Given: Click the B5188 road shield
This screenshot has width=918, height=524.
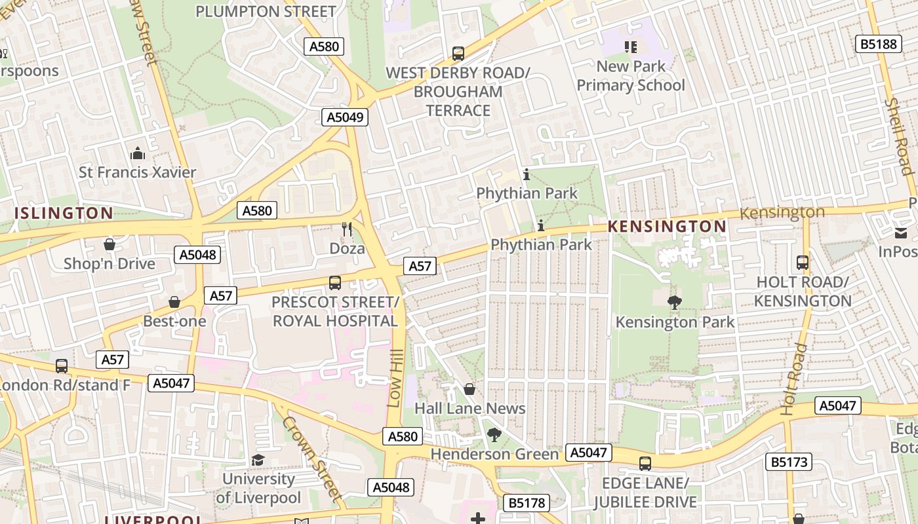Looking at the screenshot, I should click(878, 44).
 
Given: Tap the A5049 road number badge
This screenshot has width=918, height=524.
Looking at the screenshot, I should click(345, 117).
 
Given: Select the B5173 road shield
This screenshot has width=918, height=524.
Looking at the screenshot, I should click(789, 462).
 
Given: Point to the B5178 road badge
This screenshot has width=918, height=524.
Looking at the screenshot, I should click(527, 503).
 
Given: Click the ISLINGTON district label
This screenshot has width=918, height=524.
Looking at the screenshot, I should click(64, 213).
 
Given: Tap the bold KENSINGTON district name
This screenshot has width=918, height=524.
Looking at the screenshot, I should click(667, 227).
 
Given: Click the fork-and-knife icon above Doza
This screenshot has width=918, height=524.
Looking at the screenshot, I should click(347, 229).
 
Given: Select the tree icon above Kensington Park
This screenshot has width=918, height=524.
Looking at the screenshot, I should click(674, 302).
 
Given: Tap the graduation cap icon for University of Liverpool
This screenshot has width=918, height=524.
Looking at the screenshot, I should click(258, 460).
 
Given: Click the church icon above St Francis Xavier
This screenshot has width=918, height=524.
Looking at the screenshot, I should click(138, 153).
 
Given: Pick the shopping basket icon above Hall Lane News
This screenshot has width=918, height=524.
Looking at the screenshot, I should click(469, 389).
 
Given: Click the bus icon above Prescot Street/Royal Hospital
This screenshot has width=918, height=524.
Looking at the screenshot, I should click(335, 283).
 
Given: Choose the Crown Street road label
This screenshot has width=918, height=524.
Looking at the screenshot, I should click(313, 458).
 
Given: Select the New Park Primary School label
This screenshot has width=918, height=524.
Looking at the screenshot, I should click(631, 75).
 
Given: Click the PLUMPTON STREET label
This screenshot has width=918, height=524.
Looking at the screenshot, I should click(266, 11).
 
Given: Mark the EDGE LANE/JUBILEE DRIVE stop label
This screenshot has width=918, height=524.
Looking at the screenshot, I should click(645, 493).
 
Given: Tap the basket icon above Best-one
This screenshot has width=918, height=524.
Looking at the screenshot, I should click(174, 302).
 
